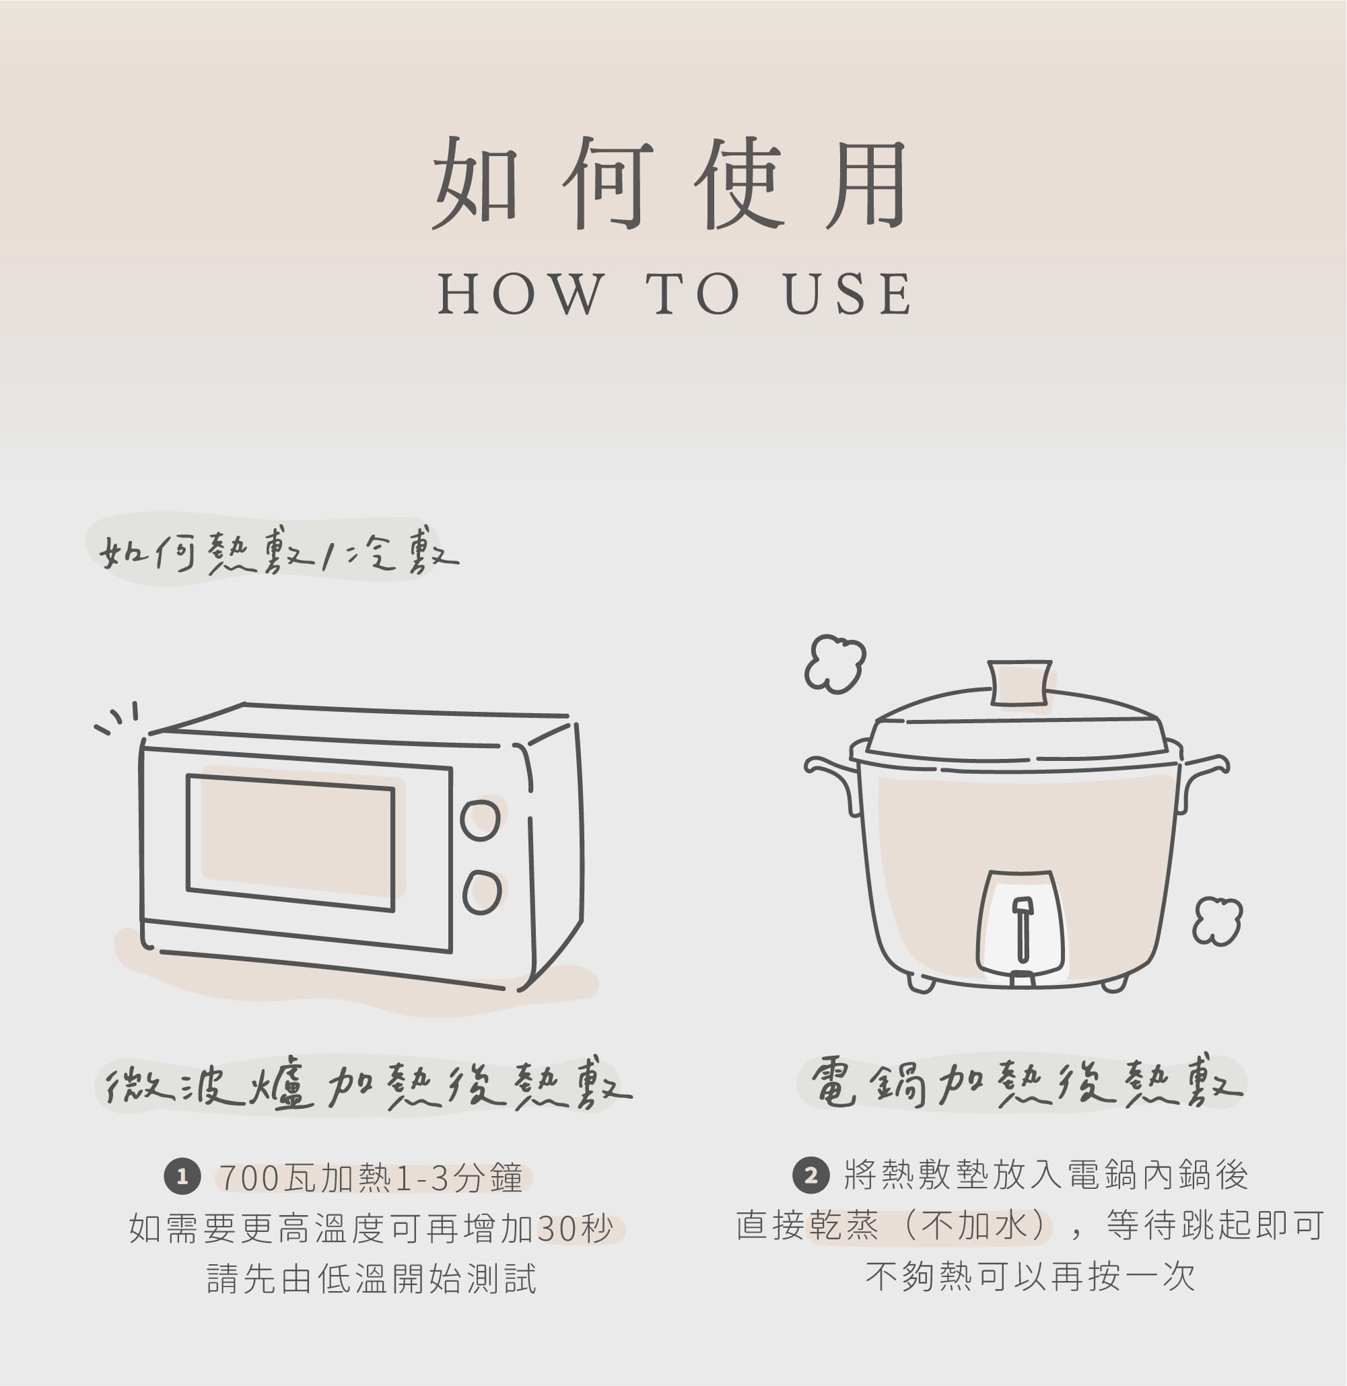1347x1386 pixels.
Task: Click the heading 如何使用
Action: [670, 184]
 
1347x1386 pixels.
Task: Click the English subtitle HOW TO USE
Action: [675, 293]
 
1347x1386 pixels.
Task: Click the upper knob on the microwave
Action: [481, 819]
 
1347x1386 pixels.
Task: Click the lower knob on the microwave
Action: [482, 892]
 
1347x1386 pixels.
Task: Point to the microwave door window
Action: [291, 842]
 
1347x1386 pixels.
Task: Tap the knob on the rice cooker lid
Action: [1018, 682]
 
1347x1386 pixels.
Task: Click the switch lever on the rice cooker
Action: [1023, 929]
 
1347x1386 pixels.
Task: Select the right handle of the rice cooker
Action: [1204, 780]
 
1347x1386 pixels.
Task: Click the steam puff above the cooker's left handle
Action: [835, 663]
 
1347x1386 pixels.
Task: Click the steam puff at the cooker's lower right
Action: [1217, 920]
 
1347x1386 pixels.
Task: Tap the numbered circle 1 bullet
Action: [182, 1177]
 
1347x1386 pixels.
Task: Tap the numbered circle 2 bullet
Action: [810, 1175]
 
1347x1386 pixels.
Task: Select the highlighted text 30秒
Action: [574, 1229]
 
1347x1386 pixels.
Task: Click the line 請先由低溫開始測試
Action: [372, 1278]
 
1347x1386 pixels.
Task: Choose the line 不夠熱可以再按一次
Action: [1030, 1276]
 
